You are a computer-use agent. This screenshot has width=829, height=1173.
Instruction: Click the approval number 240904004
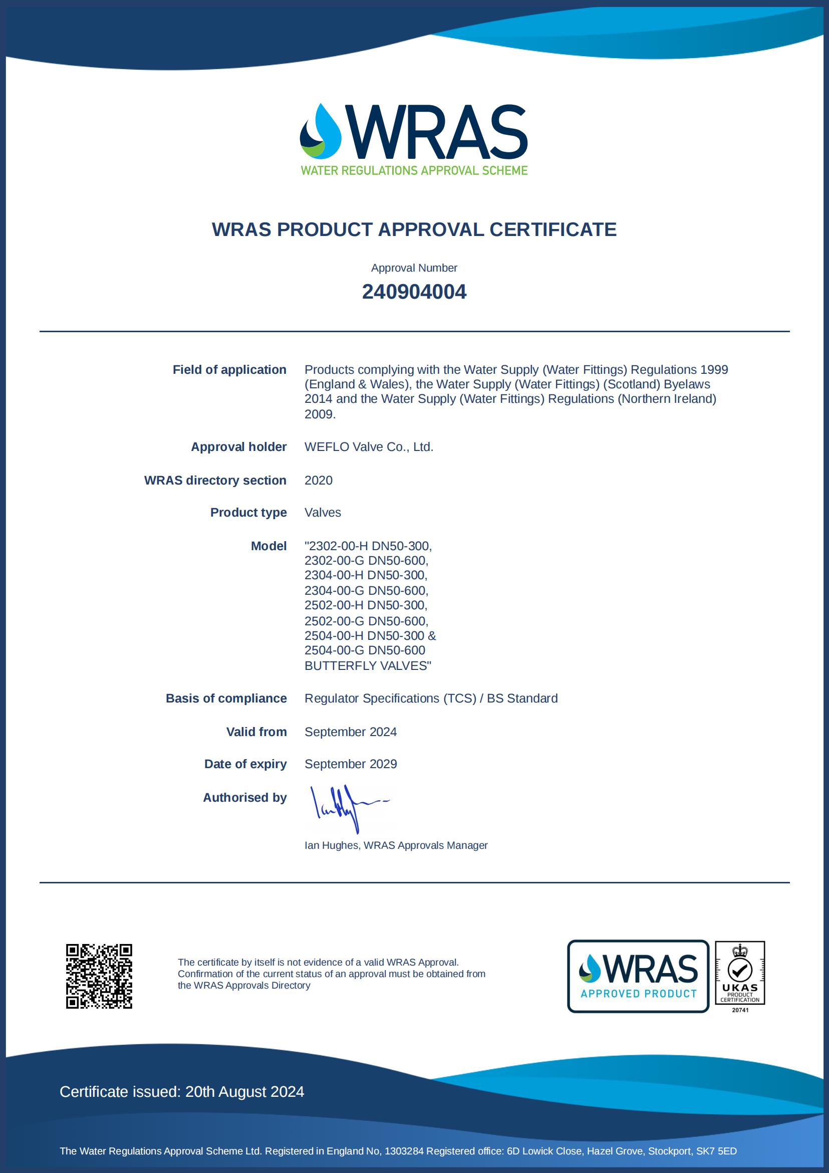pos(414,292)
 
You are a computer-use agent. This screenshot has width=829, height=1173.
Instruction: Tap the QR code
pos(99,976)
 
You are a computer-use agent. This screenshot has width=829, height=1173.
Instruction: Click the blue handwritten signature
pos(347,808)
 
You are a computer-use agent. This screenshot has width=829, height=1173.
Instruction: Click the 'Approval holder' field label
pos(238,447)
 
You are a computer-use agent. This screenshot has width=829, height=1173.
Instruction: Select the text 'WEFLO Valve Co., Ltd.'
pos(369,447)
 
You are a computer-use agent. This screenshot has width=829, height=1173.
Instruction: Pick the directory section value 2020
pos(318,480)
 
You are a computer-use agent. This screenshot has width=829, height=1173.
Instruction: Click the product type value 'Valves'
pos(322,513)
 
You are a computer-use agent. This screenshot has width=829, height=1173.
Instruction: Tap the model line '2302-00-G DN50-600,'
pos(366,561)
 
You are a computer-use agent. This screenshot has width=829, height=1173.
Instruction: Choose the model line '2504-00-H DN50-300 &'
pos(370,635)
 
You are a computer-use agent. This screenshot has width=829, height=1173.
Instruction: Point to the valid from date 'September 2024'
pos(351,732)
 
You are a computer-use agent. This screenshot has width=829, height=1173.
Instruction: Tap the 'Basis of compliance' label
pos(226,698)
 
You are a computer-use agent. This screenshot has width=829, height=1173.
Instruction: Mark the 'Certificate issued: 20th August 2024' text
pos(182,1092)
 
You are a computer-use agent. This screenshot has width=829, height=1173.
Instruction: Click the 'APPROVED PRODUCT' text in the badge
pos(639,994)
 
